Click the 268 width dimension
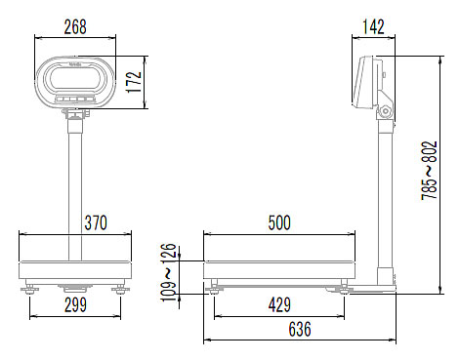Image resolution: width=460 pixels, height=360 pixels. (75, 27)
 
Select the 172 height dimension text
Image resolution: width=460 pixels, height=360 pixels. (134, 82)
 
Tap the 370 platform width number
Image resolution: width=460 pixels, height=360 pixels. (96, 223)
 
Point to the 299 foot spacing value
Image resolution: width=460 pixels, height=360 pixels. (75, 305)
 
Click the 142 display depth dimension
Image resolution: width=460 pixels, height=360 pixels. (373, 27)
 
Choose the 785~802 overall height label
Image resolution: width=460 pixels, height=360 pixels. (429, 171)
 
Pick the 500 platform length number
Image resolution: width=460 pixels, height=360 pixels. (279, 223)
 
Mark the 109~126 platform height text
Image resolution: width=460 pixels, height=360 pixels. (169, 272)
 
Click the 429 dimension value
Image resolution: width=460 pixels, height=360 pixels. (279, 305)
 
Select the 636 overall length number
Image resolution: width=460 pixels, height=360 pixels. (300, 329)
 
